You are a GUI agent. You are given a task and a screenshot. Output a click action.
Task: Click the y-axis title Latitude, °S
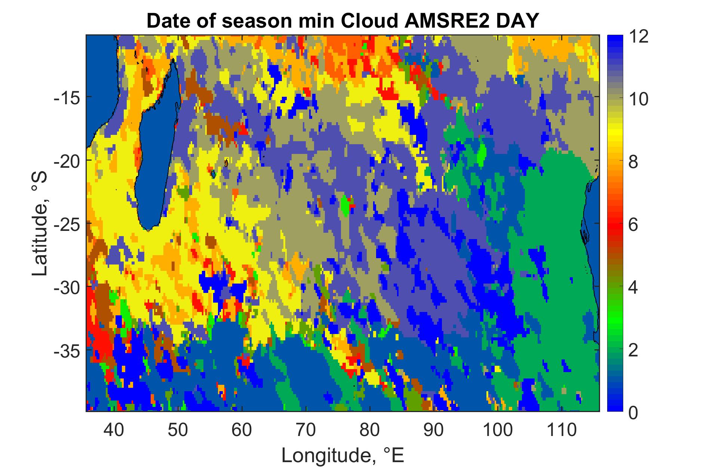tap(40, 223)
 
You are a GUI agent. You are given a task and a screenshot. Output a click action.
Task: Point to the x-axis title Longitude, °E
tap(343, 455)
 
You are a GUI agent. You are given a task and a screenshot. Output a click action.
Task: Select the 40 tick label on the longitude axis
tap(114, 430)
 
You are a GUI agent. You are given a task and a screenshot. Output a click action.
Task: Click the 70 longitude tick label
tap(306, 430)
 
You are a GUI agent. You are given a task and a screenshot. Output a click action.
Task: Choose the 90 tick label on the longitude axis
tap(434, 430)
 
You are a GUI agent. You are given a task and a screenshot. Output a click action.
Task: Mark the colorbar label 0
tap(633, 413)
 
